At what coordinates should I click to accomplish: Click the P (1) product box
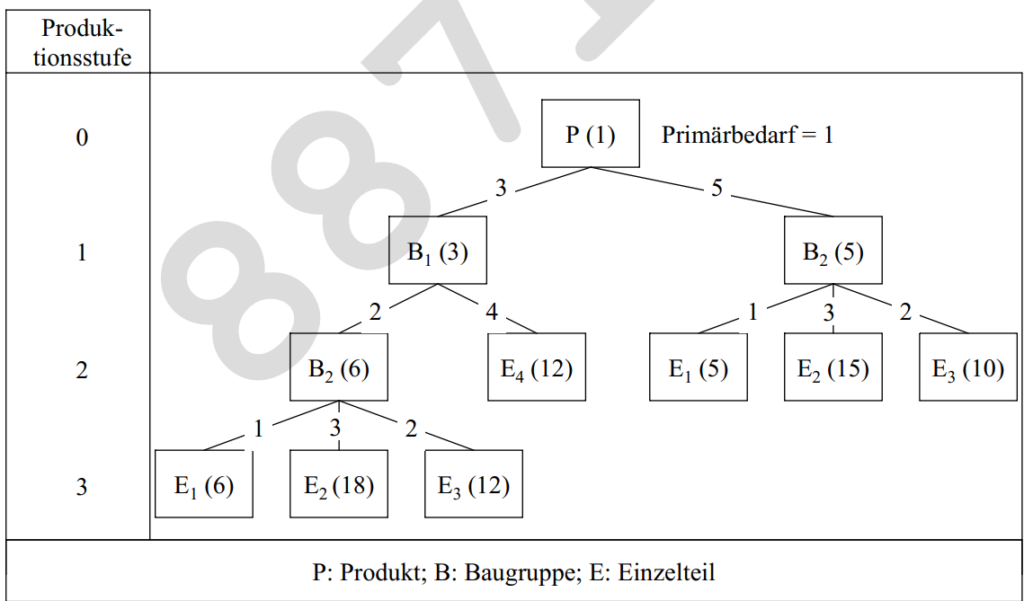tap(591, 134)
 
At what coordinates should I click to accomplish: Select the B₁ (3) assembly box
tap(438, 251)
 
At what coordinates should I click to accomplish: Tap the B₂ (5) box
tap(833, 251)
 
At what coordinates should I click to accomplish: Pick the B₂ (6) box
tap(339, 367)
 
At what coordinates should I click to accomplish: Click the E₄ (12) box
tap(537, 367)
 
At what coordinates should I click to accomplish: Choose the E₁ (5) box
tap(699, 367)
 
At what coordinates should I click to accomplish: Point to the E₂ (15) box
tap(833, 367)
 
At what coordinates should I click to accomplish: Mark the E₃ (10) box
tap(968, 367)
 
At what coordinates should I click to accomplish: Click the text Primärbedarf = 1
tap(747, 136)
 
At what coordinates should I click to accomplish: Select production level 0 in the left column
tap(81, 138)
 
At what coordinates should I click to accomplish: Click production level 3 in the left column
tap(81, 488)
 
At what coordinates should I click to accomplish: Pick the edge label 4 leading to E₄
tap(492, 314)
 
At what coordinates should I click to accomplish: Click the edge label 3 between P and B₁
tap(501, 189)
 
